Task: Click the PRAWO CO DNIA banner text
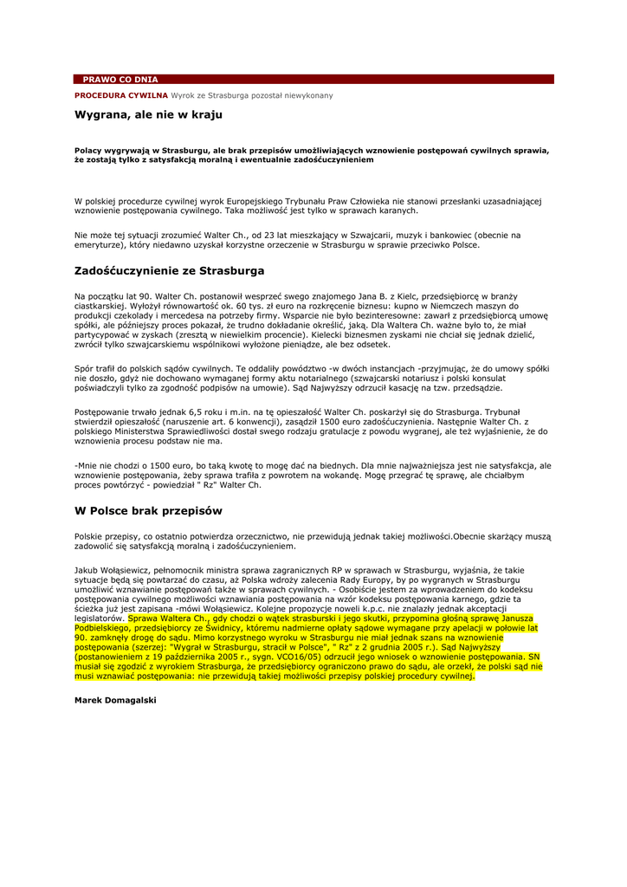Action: (x=120, y=79)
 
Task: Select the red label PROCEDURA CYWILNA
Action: (x=120, y=94)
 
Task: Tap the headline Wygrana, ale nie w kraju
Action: (x=148, y=114)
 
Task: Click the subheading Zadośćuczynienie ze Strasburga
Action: (x=169, y=270)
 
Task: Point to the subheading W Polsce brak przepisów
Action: (x=148, y=511)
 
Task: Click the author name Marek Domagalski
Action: (x=115, y=698)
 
